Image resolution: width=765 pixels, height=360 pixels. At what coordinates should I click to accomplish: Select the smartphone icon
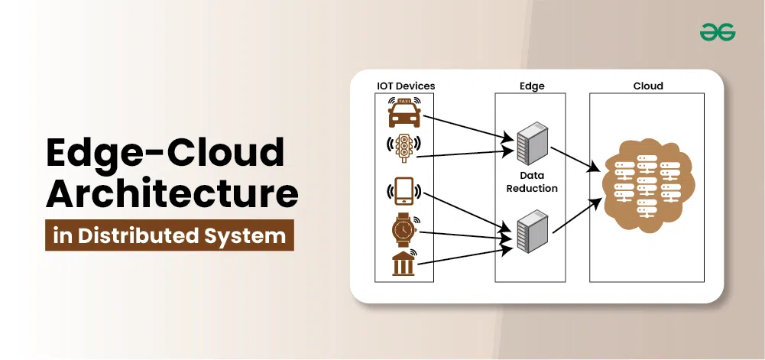pos(403,190)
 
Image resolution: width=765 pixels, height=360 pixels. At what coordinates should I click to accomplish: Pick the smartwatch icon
pos(403,228)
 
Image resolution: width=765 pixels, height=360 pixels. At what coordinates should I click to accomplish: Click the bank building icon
pos(403,263)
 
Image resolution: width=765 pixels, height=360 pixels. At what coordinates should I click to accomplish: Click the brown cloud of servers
pos(647,186)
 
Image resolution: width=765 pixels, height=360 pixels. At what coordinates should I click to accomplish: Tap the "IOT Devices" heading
pos(406,86)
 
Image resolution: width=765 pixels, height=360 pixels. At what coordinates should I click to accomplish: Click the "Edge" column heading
pos(532,86)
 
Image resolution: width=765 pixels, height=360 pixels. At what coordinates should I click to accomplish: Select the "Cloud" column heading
pos(648,86)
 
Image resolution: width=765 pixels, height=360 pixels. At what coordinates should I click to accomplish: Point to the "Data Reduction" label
pos(533,182)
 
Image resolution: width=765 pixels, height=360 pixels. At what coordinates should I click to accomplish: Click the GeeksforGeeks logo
pos(717,31)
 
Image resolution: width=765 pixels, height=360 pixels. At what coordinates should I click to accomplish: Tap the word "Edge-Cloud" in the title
pos(165,153)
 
